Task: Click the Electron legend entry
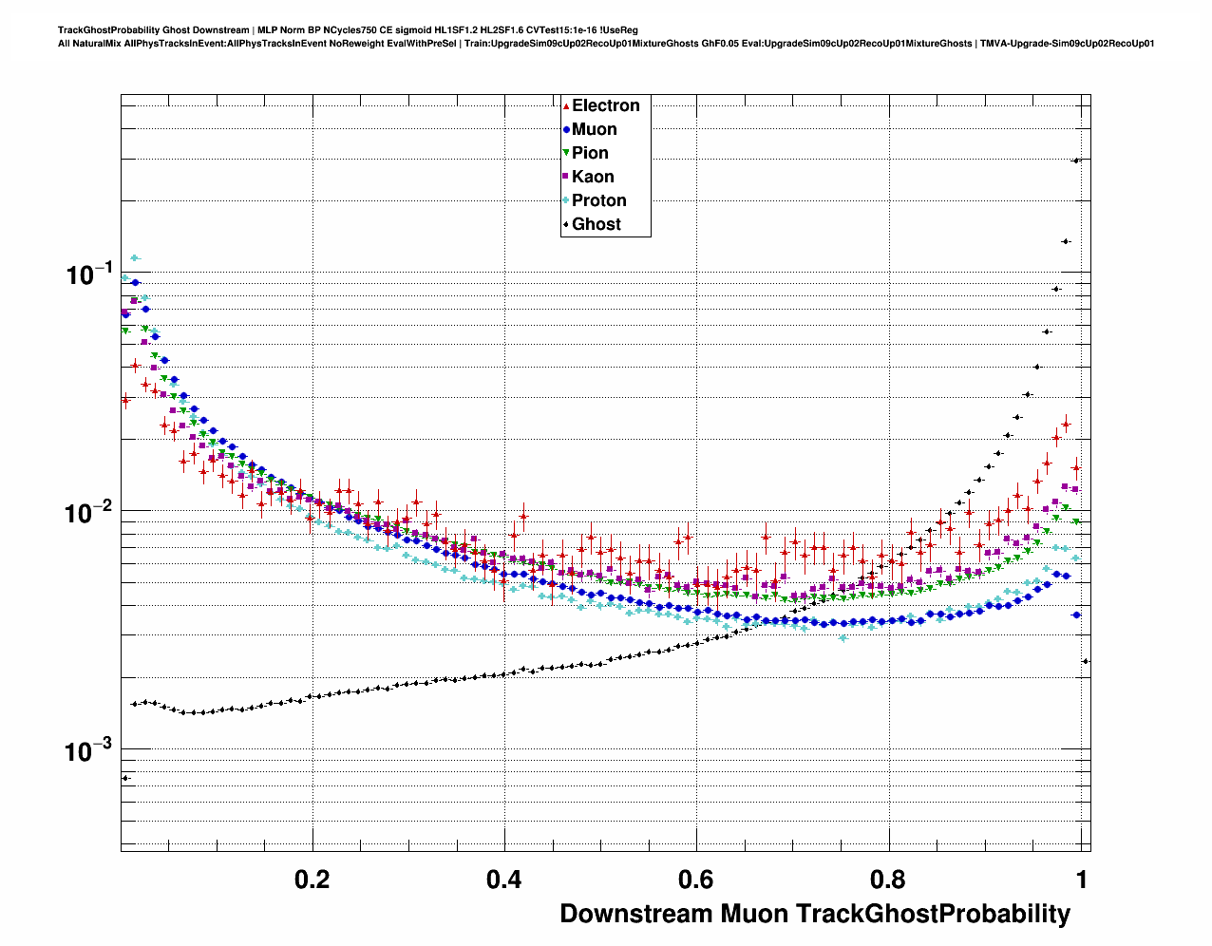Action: point(605,105)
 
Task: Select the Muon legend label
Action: point(594,129)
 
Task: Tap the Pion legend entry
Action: point(590,153)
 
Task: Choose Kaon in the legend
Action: point(593,177)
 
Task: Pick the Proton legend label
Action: point(598,200)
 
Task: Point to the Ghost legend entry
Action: point(596,224)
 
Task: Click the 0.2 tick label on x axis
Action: point(312,880)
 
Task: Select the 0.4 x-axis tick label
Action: point(503,880)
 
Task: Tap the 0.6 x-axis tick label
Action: point(696,880)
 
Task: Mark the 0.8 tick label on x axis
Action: point(888,880)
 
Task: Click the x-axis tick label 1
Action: point(1081,880)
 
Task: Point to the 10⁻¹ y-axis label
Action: point(90,274)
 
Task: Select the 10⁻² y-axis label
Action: point(90,514)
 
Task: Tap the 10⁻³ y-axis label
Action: point(90,752)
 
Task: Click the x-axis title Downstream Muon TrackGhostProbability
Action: point(815,914)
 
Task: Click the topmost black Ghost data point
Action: point(1076,161)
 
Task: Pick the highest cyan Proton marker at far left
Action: point(135,257)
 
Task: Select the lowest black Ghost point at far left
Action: point(125,778)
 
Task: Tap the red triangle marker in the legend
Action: point(566,106)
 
